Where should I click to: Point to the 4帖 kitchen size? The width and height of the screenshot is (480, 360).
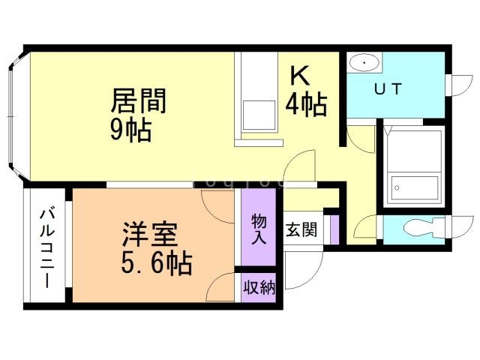pyautogui.click(x=305, y=106)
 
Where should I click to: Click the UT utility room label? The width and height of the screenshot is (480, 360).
pyautogui.click(x=388, y=89)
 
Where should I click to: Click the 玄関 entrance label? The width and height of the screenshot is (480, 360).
pyautogui.click(x=301, y=229)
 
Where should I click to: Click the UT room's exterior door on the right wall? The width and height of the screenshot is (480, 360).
pyautogui.click(x=454, y=85)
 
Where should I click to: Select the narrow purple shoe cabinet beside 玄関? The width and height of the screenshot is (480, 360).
pyautogui.click(x=335, y=229)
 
